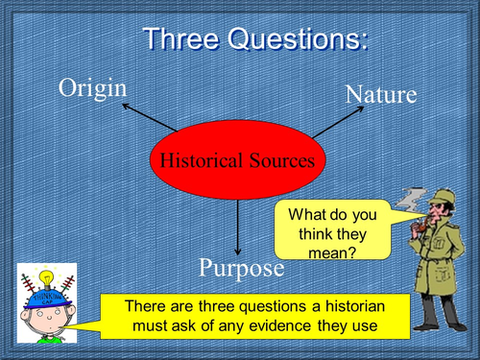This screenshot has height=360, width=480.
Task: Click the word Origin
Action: (x=93, y=87)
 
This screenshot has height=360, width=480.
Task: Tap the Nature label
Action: (x=380, y=94)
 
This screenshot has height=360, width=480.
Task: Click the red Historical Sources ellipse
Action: (x=236, y=161)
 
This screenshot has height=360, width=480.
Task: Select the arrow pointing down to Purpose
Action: (x=237, y=225)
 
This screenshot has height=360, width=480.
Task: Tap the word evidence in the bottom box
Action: (x=289, y=328)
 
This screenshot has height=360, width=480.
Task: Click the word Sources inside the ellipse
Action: (x=279, y=161)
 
